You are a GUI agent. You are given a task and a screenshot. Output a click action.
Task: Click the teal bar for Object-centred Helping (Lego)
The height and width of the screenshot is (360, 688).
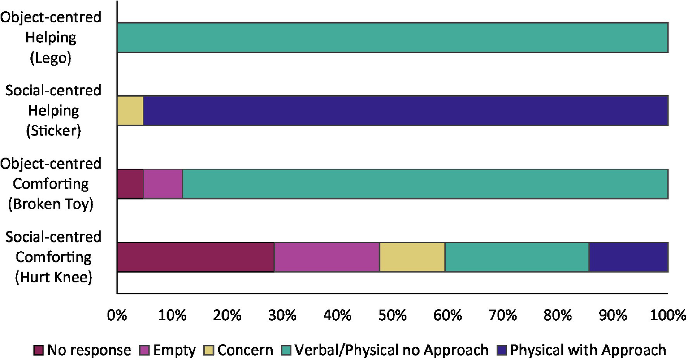coord(392,38)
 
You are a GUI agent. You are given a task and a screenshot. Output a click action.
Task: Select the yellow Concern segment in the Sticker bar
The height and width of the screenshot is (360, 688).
coord(130,111)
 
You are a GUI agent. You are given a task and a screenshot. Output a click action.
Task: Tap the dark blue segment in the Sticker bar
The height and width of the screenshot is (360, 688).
coord(405,111)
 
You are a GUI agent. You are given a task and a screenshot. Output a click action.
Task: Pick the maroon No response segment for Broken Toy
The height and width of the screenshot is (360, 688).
coord(130,184)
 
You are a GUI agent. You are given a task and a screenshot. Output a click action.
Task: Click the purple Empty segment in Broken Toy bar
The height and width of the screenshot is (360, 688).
coord(163,184)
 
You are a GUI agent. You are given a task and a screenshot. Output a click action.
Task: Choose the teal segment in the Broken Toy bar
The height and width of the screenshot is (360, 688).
coord(425,184)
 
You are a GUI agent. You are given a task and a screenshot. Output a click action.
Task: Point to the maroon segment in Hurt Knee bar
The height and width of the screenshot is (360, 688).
coord(195,257)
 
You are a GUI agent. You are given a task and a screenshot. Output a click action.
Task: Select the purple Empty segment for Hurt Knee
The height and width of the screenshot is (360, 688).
coord(327,257)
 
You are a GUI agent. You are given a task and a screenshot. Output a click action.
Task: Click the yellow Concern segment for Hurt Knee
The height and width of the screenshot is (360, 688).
coord(412,257)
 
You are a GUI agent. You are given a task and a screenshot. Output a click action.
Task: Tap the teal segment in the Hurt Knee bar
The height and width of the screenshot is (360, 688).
coord(517,257)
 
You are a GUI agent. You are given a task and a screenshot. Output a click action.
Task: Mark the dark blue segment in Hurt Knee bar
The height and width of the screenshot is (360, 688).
coord(628,257)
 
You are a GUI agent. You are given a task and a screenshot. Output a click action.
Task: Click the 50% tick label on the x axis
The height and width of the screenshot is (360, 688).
coord(392,316)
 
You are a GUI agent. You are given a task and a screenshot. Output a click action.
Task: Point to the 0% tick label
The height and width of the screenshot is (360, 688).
coord(117,316)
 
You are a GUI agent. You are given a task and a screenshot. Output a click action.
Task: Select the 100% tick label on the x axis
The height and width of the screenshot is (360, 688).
coord(668,316)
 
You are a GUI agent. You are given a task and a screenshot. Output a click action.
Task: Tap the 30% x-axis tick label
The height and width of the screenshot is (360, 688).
coord(282,316)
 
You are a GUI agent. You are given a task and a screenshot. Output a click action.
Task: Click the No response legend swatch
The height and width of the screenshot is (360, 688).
coord(39,350)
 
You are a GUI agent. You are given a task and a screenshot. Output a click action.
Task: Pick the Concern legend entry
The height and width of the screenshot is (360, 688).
coord(239,350)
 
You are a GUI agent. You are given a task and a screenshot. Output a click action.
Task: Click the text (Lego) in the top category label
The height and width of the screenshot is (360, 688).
coord(51,58)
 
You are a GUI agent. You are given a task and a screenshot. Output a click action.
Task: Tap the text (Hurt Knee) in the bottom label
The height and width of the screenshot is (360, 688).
coord(53,278)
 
